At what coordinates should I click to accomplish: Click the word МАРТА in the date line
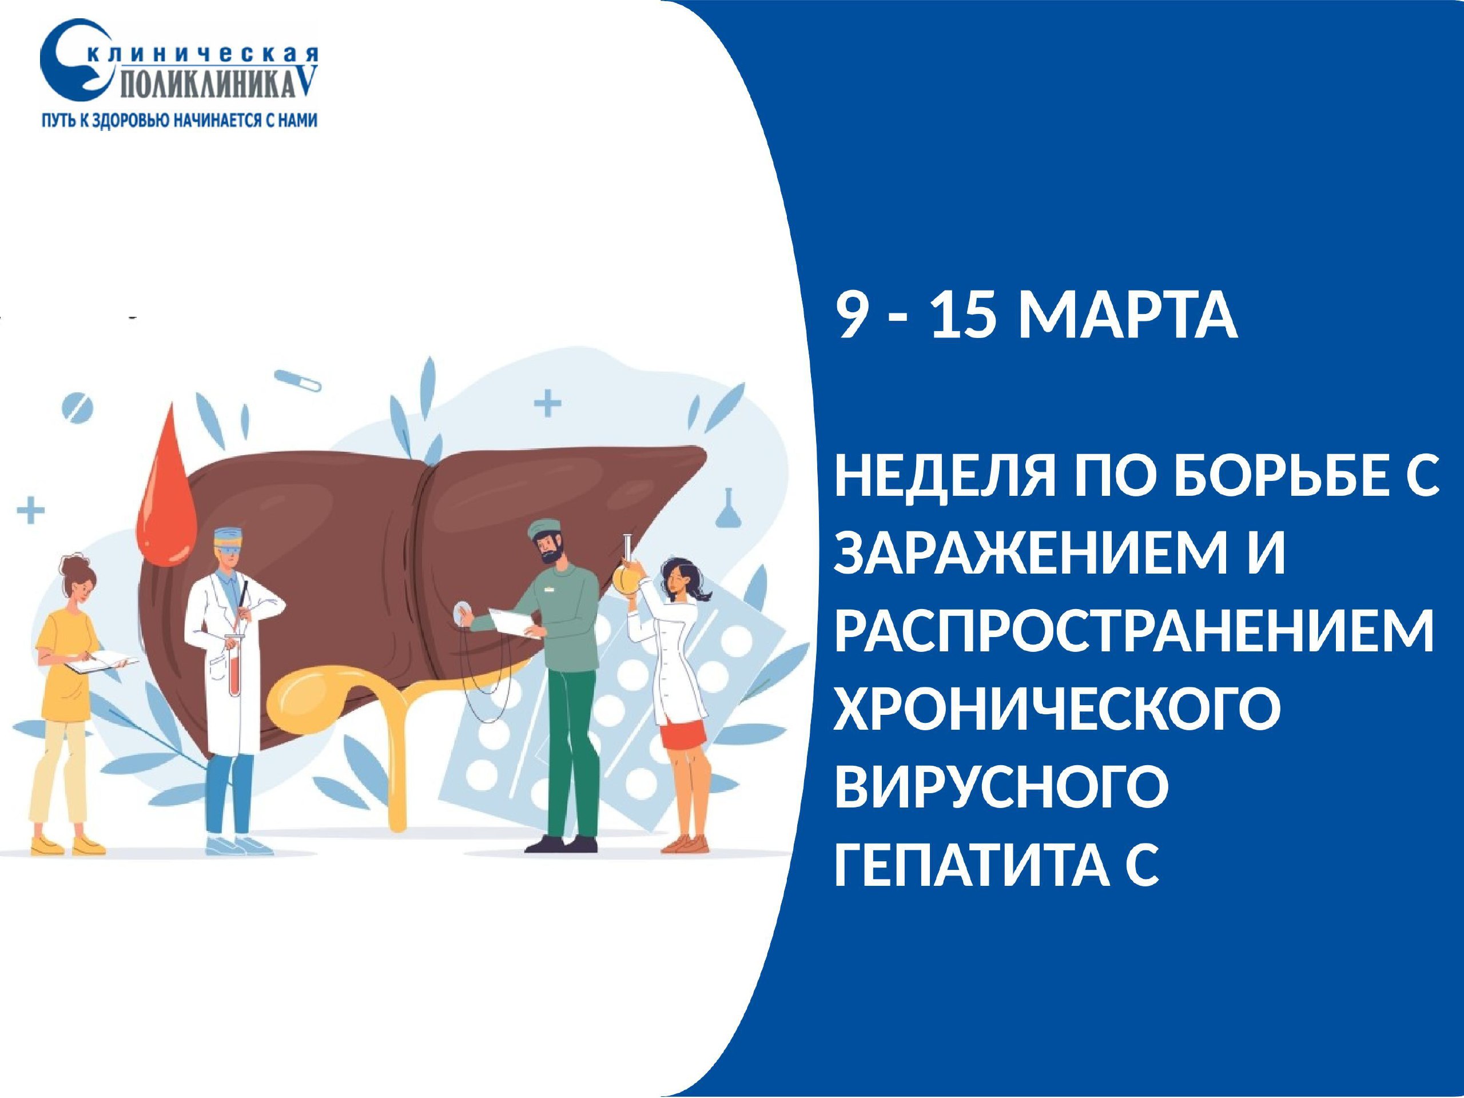(1127, 316)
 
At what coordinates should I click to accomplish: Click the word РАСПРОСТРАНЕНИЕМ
(1133, 632)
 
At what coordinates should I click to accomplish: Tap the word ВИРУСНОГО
(1001, 786)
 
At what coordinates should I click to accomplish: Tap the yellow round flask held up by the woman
(626, 576)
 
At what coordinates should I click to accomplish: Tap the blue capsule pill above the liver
(297, 380)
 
